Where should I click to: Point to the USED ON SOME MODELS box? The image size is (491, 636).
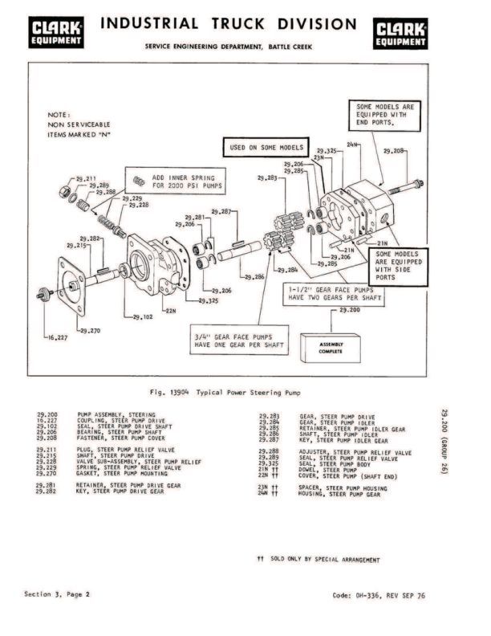click(262, 149)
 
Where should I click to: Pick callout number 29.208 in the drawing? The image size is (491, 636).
click(394, 150)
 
